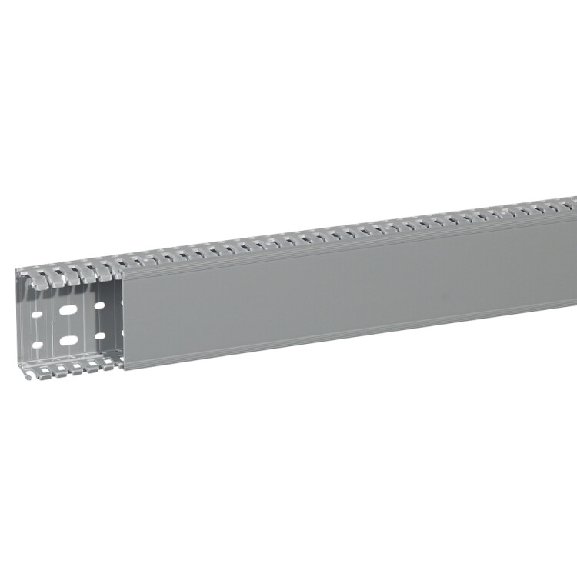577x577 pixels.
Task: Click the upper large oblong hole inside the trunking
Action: point(69,312)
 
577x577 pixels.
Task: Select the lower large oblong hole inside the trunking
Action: point(69,340)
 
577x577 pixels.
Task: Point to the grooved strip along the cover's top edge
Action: point(346,239)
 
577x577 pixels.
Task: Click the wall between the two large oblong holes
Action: point(69,326)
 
